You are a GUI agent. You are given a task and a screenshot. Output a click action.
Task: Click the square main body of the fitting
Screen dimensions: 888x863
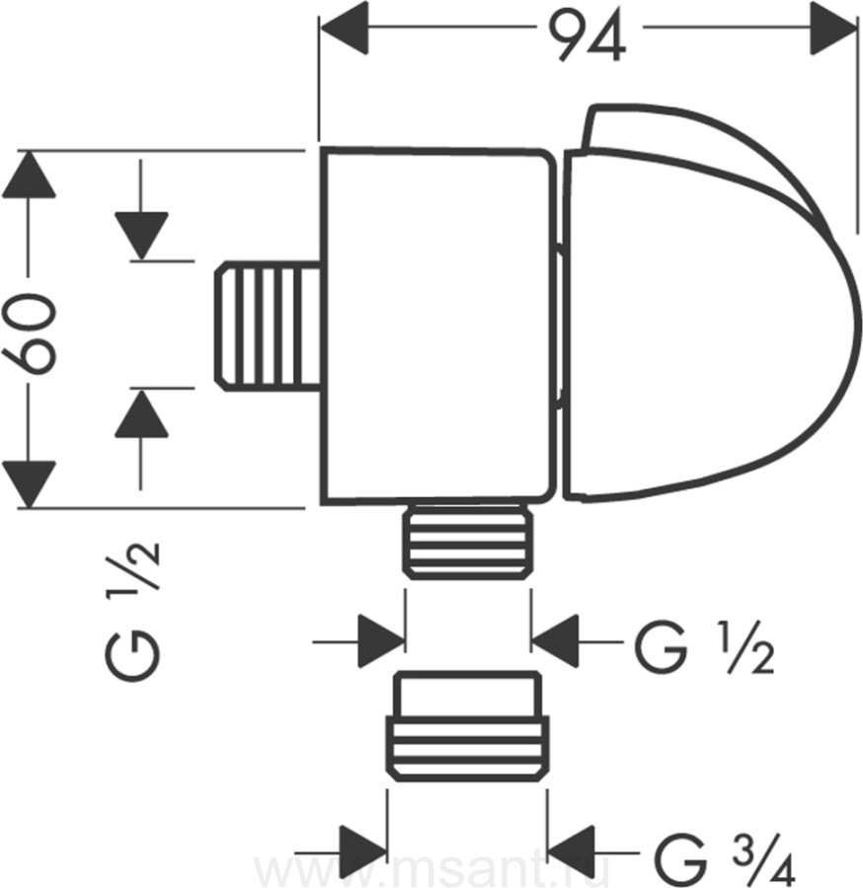pos(434,326)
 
